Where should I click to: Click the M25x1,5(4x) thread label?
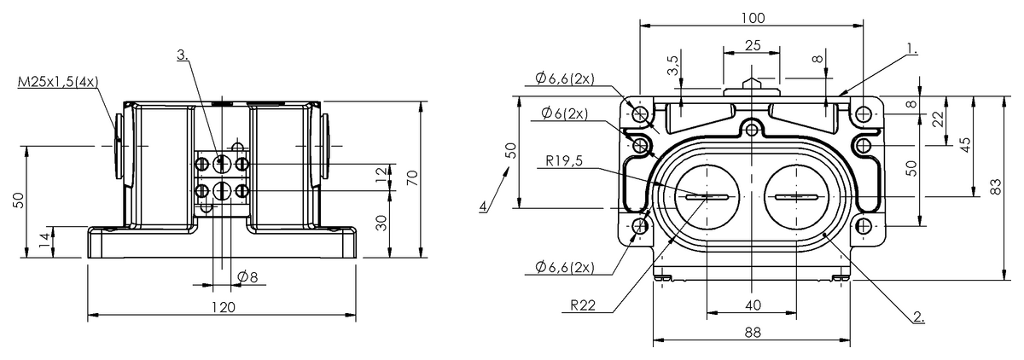coord(58,82)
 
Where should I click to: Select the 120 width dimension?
coord(224,306)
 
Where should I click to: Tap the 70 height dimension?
coord(412,178)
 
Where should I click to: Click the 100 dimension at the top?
coord(753,18)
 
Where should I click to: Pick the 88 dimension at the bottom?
coord(752,333)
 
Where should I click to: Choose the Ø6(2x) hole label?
coord(563,113)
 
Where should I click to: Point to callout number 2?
coord(918,316)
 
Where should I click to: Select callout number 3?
coord(183,54)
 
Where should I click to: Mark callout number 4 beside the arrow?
coord(483,207)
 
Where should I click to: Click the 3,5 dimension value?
coord(673,65)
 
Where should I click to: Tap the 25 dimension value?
coord(752,45)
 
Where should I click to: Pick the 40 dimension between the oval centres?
coord(752,305)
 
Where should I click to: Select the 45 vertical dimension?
coord(965,144)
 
